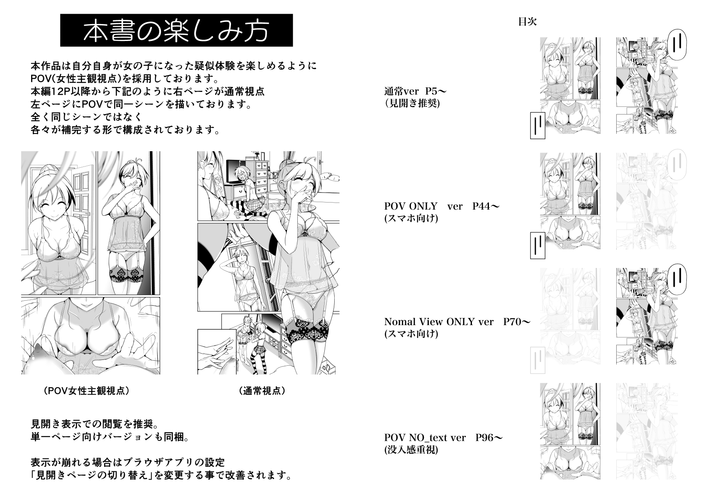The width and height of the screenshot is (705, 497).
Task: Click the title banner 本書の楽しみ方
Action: pyautogui.click(x=176, y=30)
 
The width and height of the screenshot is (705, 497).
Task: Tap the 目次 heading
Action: pyautogui.click(x=528, y=22)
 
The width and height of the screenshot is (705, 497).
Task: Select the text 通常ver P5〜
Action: pyautogui.click(x=415, y=91)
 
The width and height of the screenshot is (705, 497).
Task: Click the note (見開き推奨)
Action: pyautogui.click(x=412, y=103)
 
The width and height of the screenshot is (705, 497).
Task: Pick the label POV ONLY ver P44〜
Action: pyautogui.click(x=442, y=206)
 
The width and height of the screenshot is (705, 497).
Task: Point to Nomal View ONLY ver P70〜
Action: pyautogui.click(x=457, y=321)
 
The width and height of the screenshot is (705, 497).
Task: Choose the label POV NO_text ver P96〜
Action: pyautogui.click(x=443, y=438)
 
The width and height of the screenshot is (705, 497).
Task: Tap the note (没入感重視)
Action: pyautogui.click(x=411, y=450)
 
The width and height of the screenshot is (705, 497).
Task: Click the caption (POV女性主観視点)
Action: pyautogui.click(x=87, y=391)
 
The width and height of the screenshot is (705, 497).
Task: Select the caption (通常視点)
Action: pyautogui.click(x=262, y=391)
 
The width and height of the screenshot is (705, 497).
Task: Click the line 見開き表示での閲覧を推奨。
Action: pyautogui.click(x=94, y=425)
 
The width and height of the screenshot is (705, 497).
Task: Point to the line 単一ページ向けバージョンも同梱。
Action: pyautogui.click(x=110, y=437)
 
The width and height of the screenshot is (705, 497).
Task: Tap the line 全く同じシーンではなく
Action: pyautogui.click(x=87, y=117)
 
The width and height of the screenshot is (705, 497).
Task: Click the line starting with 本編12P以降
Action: pyautogui.click(x=148, y=92)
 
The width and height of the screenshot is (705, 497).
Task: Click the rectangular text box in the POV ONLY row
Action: pyautogui.click(x=537, y=246)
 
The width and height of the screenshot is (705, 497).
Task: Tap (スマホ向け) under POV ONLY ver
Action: pyautogui.click(x=411, y=219)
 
